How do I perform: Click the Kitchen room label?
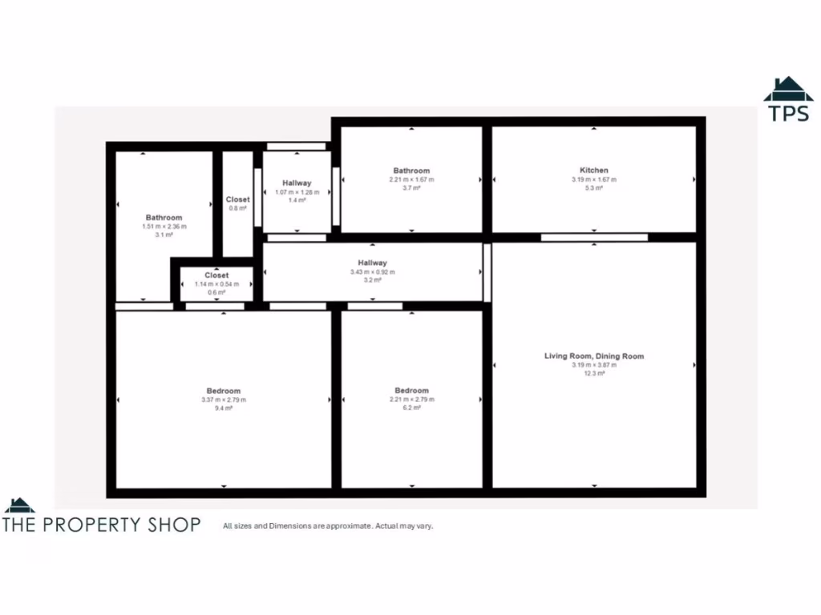point(593,170)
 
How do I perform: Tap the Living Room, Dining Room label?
point(593,356)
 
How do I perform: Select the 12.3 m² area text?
point(593,373)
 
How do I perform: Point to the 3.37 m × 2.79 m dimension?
point(224,400)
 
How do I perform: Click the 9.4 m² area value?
point(224,408)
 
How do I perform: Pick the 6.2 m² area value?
point(411,408)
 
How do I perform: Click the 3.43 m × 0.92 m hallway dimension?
point(372,272)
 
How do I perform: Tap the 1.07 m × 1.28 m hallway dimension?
point(297,192)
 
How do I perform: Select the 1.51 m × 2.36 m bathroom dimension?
point(164,227)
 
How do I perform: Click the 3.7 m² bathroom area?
point(411,188)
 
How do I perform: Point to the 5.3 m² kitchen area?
point(593,188)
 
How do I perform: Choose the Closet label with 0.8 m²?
point(237,199)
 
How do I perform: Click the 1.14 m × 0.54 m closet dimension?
point(216,284)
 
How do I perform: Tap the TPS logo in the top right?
point(788,100)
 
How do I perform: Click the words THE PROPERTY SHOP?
point(102,525)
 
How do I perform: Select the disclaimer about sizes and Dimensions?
point(328,526)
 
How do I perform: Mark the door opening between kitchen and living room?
point(594,237)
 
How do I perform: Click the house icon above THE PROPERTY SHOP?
point(19,505)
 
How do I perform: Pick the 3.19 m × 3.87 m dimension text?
point(593,365)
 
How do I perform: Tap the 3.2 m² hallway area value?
point(372,281)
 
